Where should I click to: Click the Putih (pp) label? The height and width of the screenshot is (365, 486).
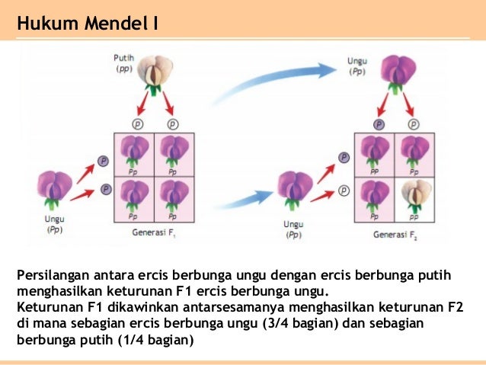click(x=124, y=63)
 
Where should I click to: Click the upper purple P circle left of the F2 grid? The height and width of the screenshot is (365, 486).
click(x=344, y=157)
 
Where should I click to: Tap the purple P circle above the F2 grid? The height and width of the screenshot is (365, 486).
click(x=378, y=123)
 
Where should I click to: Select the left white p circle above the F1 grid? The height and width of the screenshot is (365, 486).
click(x=138, y=123)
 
